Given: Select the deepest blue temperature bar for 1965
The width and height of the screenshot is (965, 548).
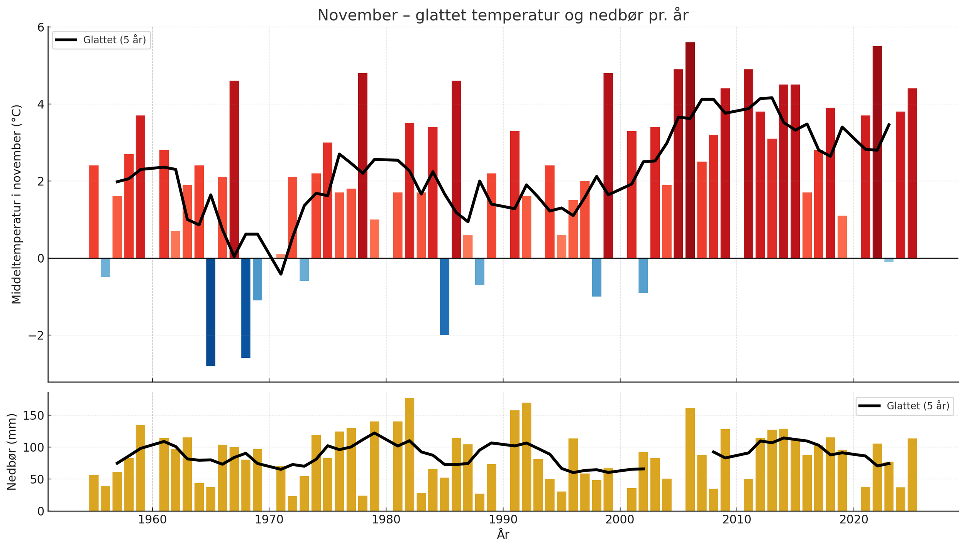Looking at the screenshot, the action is (x=210, y=312).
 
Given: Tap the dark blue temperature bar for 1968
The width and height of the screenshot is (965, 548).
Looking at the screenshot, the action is (x=245, y=308).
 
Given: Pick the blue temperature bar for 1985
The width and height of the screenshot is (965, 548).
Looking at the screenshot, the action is (x=444, y=296).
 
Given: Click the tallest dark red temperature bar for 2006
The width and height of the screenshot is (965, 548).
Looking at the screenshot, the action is (x=690, y=150).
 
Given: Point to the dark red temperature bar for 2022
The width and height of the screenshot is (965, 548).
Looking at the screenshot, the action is (x=877, y=152).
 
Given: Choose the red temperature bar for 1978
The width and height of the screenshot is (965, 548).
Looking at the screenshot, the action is (x=362, y=165).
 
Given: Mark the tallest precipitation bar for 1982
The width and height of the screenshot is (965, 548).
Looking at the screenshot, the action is (x=409, y=454).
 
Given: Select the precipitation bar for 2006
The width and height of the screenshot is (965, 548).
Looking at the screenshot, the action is (x=690, y=459).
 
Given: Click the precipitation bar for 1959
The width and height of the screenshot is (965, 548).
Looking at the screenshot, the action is (x=140, y=468).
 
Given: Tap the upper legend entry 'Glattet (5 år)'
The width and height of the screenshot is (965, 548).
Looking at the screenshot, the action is (x=101, y=40).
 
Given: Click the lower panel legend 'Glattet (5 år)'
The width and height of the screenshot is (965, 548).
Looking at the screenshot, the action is (x=904, y=406).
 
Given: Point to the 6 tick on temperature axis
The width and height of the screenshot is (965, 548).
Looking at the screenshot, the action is (x=40, y=27).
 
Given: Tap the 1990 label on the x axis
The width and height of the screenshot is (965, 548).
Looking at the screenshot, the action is (x=503, y=520).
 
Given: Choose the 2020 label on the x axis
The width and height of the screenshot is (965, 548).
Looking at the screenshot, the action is (x=853, y=520).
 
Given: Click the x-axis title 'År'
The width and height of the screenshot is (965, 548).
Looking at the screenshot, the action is (x=503, y=535).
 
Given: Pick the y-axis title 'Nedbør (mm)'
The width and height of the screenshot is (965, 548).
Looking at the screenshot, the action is (x=12, y=452).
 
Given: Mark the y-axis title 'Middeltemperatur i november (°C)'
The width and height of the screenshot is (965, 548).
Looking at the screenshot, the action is (x=17, y=204).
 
